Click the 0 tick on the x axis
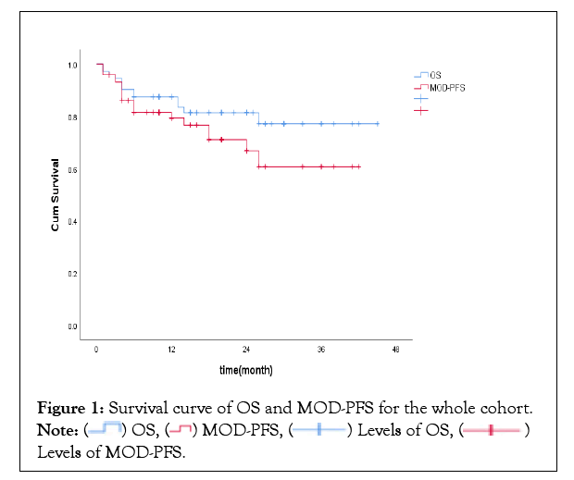96,350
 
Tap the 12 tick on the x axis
171,350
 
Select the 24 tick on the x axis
246,350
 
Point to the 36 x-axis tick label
320,350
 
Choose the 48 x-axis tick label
395,350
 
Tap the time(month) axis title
245,369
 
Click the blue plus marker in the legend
421,98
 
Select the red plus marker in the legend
421,110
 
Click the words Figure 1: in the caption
69,408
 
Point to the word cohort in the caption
504,408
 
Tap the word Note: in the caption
58,430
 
